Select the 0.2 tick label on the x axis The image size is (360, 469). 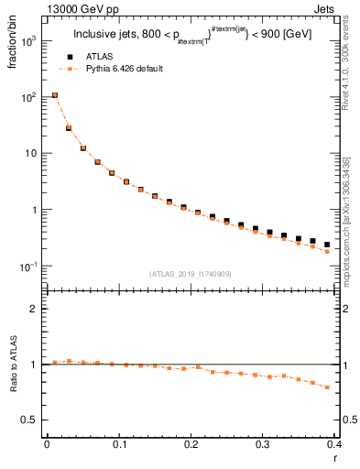pos(191,443)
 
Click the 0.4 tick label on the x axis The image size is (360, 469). pos(334,443)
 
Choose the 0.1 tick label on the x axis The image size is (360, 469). pos(119,443)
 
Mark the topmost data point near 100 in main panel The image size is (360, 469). pos(55,95)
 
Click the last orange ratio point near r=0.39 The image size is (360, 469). pos(327,387)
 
